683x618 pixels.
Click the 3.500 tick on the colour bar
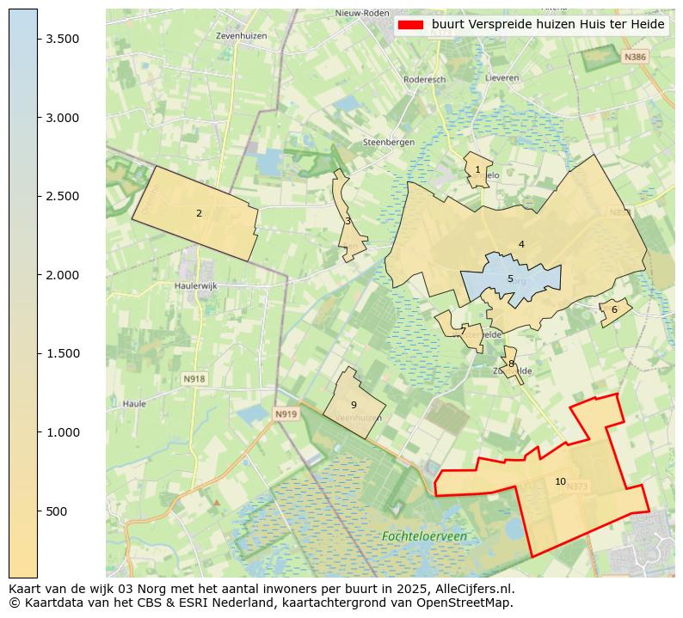pos(38,39)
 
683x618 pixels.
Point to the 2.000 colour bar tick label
pos(62,275)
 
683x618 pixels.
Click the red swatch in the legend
pos(410,25)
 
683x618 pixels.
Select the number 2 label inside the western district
pos(199,213)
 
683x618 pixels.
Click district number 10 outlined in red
pos(560,481)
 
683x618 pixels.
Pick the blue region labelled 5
pos(510,278)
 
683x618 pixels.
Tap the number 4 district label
pos(521,244)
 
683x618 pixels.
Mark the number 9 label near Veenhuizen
pos(354,405)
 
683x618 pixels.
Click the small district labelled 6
pos(614,310)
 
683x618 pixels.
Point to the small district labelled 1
pos(477,169)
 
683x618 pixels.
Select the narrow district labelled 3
pos(348,221)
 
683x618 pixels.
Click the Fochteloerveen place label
pos(424,536)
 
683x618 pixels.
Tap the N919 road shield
pos(286,414)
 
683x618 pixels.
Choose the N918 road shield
pos(194,378)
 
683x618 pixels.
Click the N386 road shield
pos(634,57)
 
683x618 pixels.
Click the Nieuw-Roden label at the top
pos(360,14)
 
